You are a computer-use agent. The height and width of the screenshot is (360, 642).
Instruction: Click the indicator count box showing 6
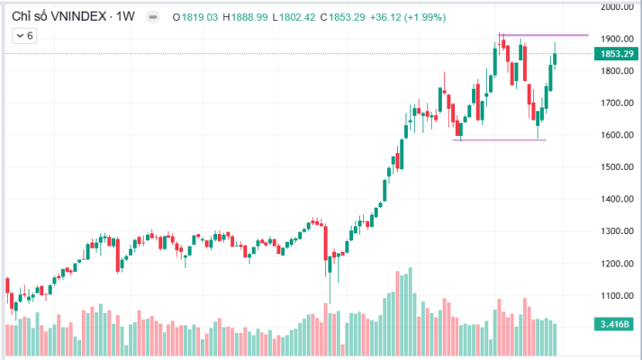(x=23, y=36)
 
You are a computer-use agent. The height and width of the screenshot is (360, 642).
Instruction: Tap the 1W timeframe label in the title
(x=128, y=15)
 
